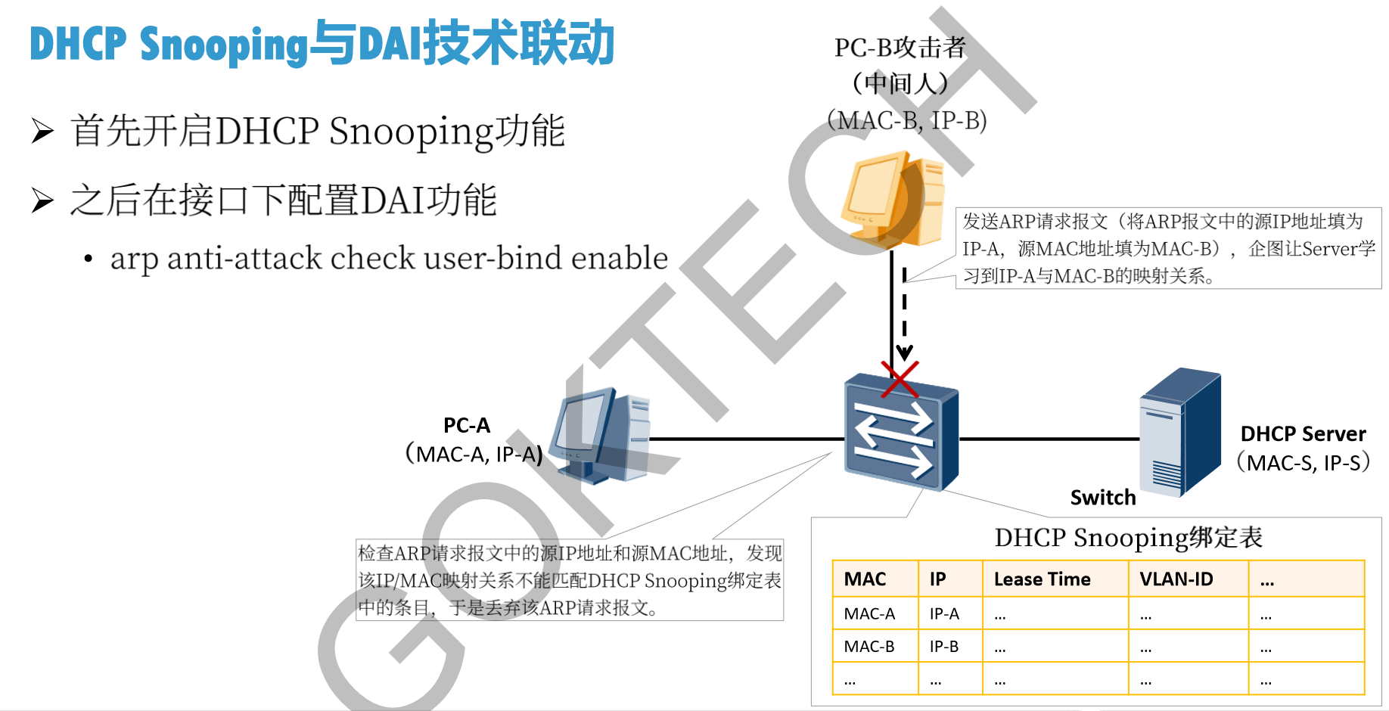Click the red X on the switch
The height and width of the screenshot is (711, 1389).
[900, 379]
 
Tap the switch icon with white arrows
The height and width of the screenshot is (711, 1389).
[900, 435]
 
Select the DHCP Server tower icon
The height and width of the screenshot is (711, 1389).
[1180, 432]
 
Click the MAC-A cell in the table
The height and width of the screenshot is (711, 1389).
[869, 614]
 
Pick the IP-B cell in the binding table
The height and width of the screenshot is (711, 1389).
[944, 647]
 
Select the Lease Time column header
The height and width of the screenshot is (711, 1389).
[1042, 579]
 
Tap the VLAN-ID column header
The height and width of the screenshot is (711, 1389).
[1176, 579]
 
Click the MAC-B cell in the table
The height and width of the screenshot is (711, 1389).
[869, 647]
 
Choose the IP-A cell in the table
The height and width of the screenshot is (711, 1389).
[944, 614]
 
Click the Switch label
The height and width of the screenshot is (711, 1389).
[1103, 498]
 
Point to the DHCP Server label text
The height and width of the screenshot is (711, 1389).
[1303, 434]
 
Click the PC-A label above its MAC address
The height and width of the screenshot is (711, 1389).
[467, 426]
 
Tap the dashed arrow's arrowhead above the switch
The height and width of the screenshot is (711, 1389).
[904, 353]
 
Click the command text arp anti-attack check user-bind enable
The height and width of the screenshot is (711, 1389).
[389, 259]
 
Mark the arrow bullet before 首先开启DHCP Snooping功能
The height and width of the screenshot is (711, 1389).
[42, 131]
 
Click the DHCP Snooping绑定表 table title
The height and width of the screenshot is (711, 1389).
[1128, 538]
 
